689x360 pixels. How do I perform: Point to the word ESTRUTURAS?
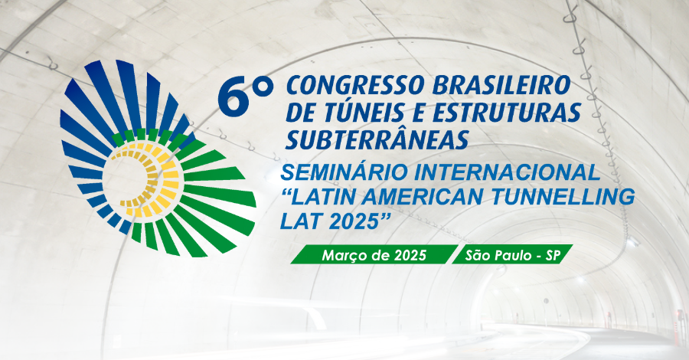507,113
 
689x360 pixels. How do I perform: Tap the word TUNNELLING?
563,198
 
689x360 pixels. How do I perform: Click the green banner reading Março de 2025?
374,254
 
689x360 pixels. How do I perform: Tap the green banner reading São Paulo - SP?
513,254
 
